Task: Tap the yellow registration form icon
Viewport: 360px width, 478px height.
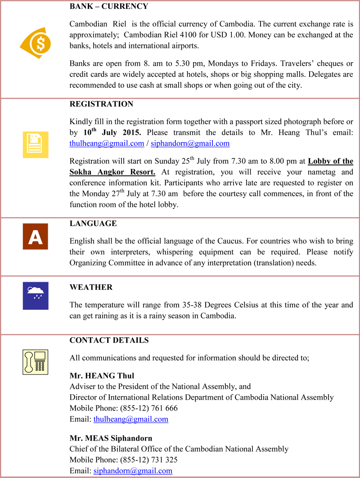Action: [36, 145]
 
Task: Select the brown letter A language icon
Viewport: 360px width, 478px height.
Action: [35, 237]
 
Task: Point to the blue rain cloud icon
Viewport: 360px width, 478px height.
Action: [35, 296]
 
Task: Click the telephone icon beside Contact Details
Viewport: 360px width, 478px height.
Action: [35, 361]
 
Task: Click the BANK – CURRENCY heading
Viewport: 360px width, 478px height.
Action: [109, 7]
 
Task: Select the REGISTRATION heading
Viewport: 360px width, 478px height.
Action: [101, 104]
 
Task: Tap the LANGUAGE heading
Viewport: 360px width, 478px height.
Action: [93, 224]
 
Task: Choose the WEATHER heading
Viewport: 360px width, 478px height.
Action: [91, 287]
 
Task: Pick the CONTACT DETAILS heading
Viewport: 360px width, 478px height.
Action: [109, 340]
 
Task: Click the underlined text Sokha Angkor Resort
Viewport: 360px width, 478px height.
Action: [112, 172]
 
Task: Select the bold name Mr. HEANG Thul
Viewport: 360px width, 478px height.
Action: [102, 375]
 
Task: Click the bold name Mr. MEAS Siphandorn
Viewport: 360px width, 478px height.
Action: [111, 438]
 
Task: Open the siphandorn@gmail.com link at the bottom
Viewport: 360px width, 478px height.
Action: [133, 471]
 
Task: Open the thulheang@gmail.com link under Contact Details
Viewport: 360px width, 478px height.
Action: [130, 419]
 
